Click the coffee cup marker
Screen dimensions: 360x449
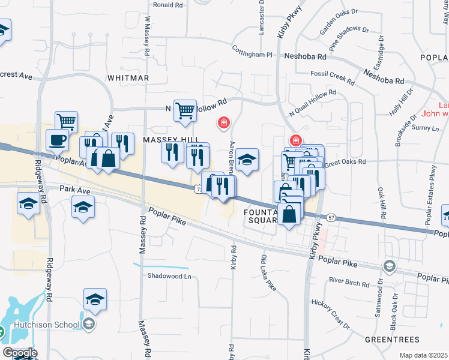(58, 140)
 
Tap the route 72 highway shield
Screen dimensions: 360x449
(198, 190)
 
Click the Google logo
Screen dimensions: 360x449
(20, 353)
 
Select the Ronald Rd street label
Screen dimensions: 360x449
(167, 5)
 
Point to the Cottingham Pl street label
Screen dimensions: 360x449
(252, 55)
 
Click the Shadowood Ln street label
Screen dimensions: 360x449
(169, 277)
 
